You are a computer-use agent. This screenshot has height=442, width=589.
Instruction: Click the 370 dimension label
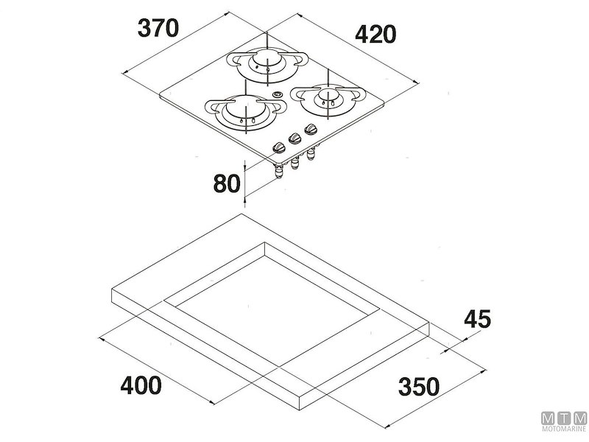point(158,28)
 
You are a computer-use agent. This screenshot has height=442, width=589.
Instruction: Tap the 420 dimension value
point(375,34)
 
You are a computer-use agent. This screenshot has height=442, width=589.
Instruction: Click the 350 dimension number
point(418,385)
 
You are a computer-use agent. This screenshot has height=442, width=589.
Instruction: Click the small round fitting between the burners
point(277,94)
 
